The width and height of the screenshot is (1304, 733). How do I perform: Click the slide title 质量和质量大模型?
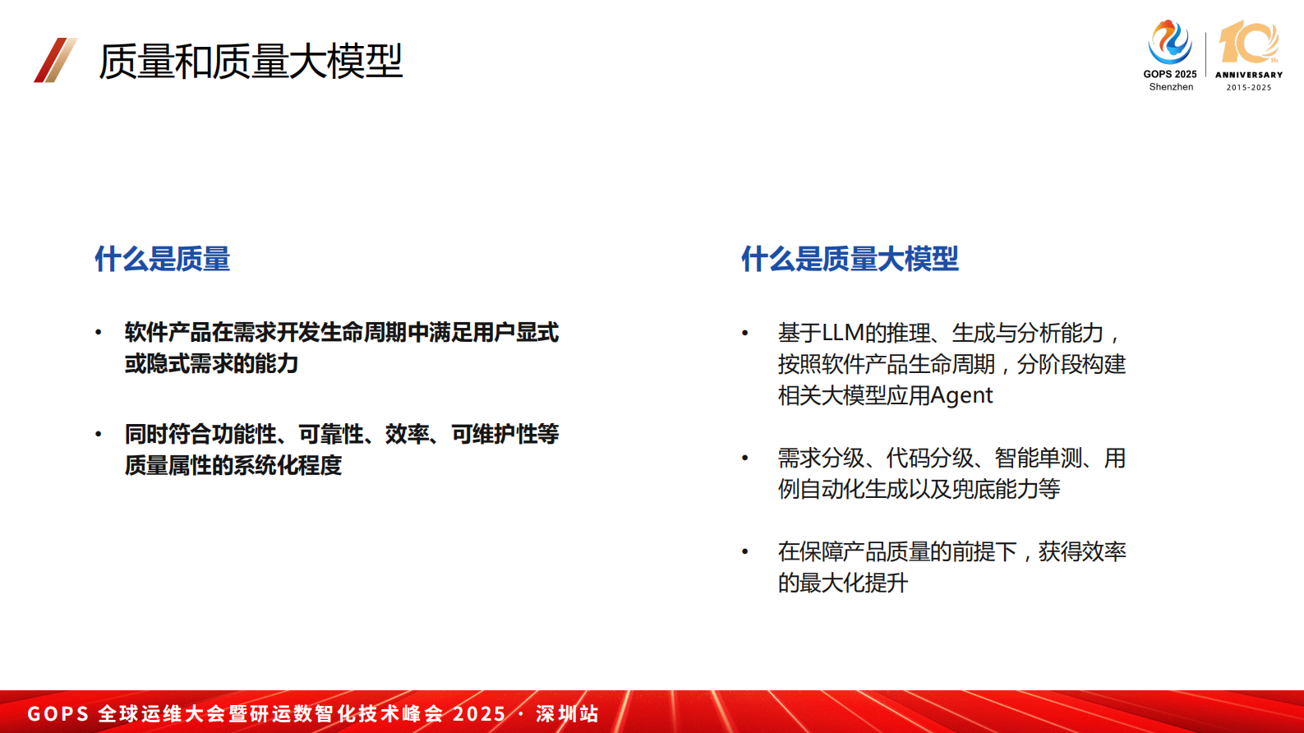[x=251, y=61]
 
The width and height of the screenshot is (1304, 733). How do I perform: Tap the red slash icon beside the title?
[x=55, y=60]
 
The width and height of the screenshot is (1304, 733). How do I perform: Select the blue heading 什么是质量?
[x=162, y=259]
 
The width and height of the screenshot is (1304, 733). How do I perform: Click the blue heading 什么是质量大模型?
[x=850, y=259]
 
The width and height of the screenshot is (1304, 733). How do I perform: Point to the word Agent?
[x=961, y=395]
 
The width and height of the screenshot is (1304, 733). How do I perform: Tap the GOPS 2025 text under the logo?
[x=1170, y=74]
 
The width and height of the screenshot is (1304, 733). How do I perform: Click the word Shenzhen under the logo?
[x=1171, y=87]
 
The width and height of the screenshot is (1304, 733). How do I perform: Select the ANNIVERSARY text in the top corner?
[x=1249, y=75]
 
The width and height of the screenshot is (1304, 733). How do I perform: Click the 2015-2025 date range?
[x=1249, y=87]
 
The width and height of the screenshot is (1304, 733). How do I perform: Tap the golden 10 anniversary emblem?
[x=1248, y=43]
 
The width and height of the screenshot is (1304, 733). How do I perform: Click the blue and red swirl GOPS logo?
[x=1169, y=42]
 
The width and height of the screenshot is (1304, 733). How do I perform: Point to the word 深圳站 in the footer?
[x=568, y=713]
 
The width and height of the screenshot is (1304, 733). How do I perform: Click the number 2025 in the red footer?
[x=479, y=713]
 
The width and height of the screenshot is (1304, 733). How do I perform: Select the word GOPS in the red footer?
[x=58, y=713]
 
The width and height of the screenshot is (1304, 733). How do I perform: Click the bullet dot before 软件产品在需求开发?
[x=99, y=333]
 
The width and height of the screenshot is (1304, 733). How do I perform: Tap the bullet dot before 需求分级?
[x=745, y=458]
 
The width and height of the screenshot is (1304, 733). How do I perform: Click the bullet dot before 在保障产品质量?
[x=745, y=551]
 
